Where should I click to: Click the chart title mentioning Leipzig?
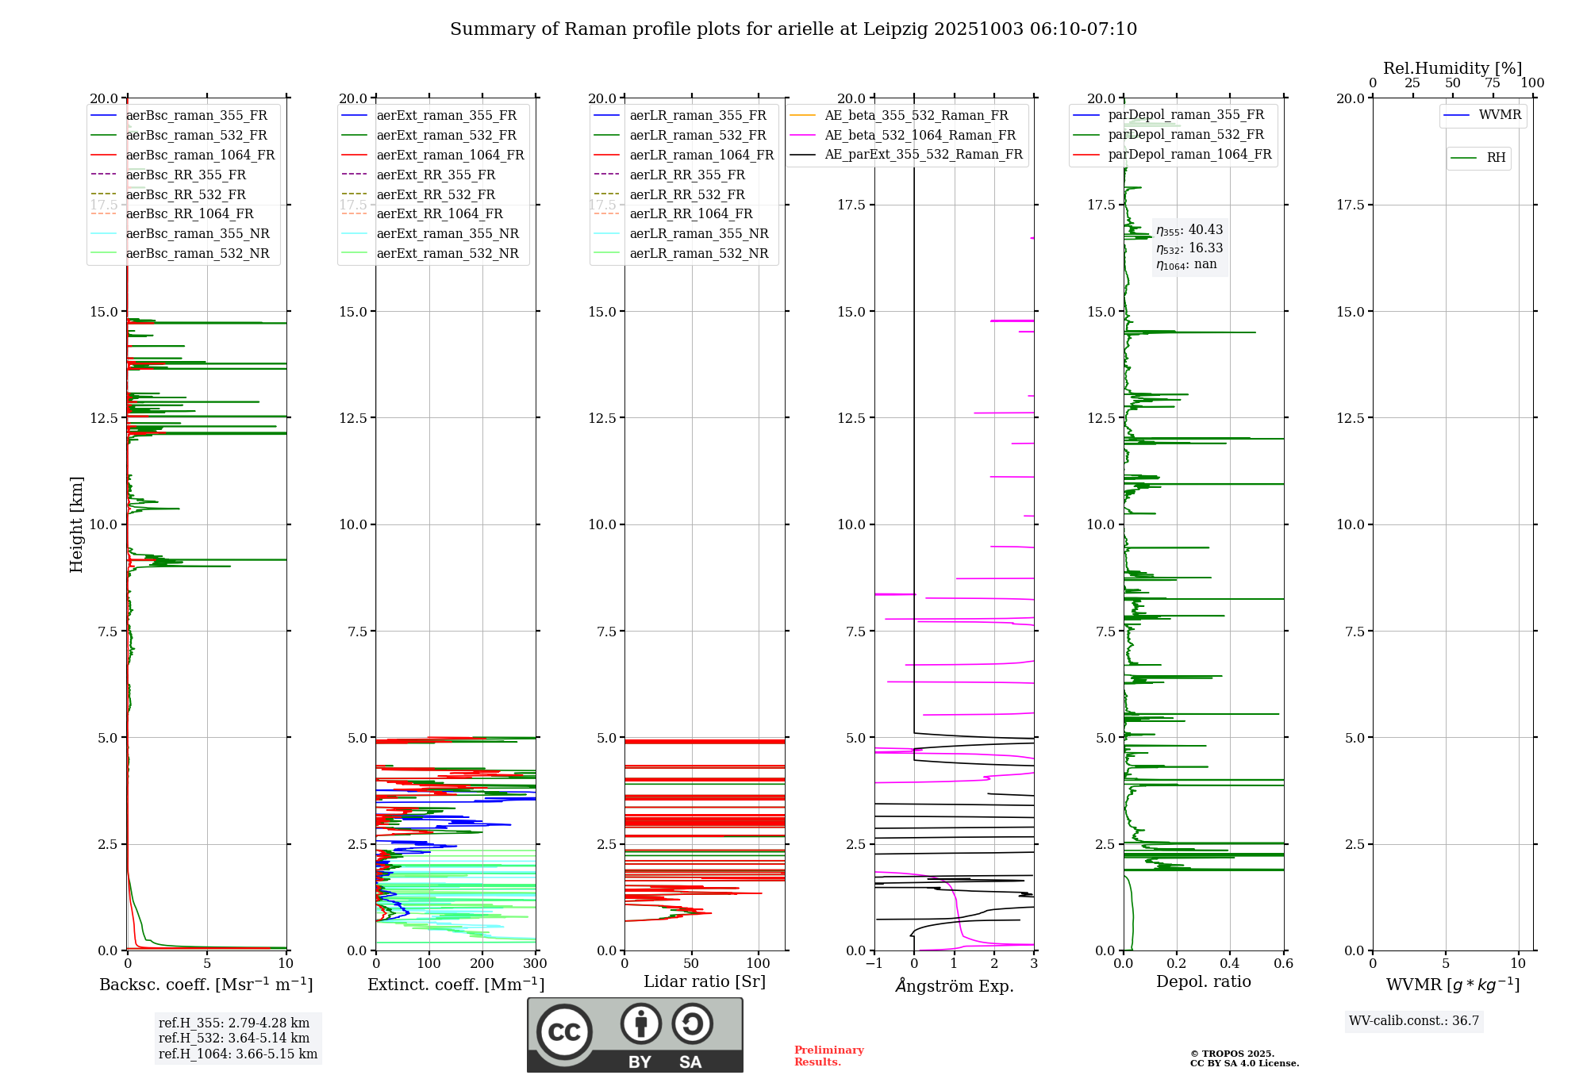tap(793, 29)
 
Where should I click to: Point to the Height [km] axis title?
tap(76, 524)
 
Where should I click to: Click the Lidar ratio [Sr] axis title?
tap(705, 981)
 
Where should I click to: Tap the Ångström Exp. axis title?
tap(955, 985)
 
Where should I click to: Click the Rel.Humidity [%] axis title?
tap(1453, 68)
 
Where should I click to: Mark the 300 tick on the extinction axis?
tap(536, 964)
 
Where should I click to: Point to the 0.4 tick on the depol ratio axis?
tap(1230, 964)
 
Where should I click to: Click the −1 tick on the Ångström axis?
tap(874, 964)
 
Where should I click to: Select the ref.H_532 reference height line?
tap(234, 1039)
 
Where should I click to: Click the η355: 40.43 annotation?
tap(1189, 230)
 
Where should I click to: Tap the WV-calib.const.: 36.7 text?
tap(1414, 1021)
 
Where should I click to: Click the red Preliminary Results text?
tap(829, 1056)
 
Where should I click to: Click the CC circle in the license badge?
tap(564, 1032)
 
